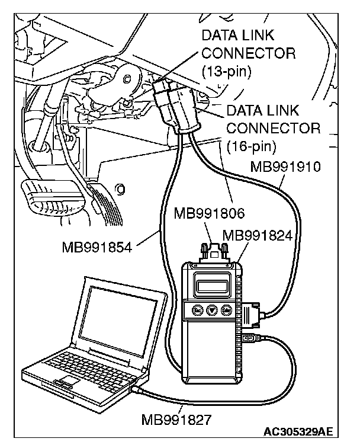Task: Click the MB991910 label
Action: (x=285, y=167)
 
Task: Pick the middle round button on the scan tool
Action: (x=211, y=311)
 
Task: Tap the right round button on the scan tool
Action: (x=226, y=310)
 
